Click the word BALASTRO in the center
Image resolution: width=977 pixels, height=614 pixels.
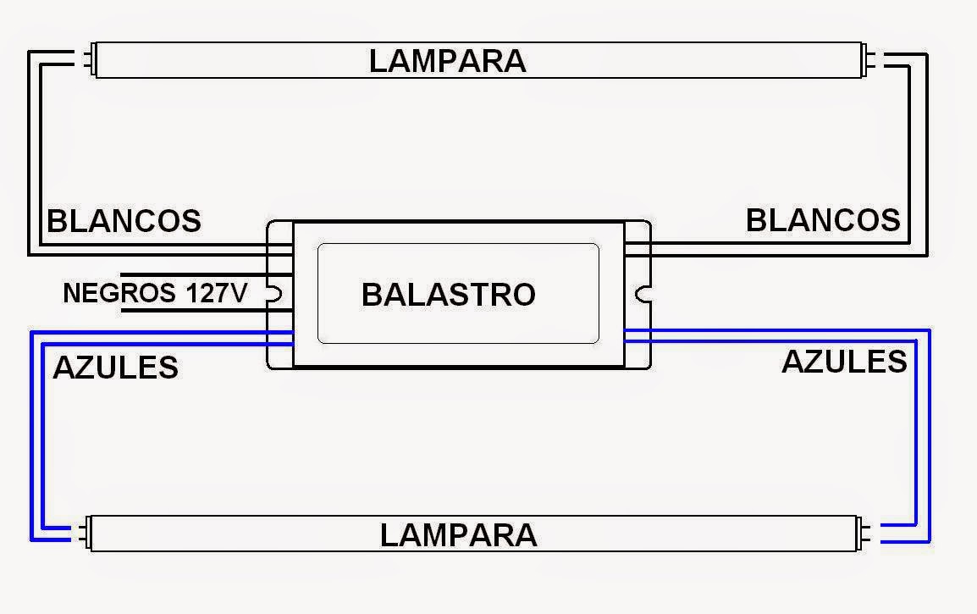(x=449, y=294)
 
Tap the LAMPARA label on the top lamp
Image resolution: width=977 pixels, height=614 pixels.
(x=447, y=61)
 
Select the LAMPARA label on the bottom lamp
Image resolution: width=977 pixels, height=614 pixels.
(x=459, y=535)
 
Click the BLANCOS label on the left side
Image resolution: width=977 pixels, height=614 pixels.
(x=124, y=221)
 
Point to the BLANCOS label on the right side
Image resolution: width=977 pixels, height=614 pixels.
(x=823, y=220)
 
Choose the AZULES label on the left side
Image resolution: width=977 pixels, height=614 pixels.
(x=116, y=368)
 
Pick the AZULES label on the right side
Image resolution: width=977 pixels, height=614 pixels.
(x=844, y=362)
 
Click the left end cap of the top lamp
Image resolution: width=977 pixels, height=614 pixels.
(x=91, y=59)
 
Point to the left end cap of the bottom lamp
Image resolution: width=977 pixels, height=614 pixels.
(x=85, y=533)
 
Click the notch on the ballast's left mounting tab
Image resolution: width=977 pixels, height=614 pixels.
(x=275, y=294)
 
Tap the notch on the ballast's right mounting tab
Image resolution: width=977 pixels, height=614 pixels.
(x=643, y=294)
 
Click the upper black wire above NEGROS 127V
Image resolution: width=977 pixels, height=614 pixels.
(x=207, y=274)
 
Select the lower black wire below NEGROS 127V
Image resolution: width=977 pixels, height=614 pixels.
(x=207, y=310)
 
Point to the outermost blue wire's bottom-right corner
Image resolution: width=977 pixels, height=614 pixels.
(x=929, y=541)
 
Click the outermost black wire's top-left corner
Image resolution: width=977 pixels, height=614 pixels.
(x=29, y=52)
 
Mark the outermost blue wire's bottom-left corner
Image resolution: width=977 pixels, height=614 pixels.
(x=31, y=539)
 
